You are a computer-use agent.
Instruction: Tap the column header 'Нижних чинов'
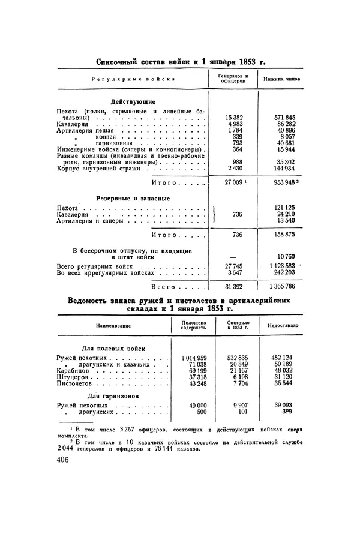(278, 78)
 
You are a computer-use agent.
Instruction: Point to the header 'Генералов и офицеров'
(231, 78)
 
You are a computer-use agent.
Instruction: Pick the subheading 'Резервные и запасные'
(133, 198)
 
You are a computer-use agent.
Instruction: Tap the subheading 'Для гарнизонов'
(113, 397)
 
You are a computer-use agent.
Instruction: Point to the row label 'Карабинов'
(74, 371)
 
